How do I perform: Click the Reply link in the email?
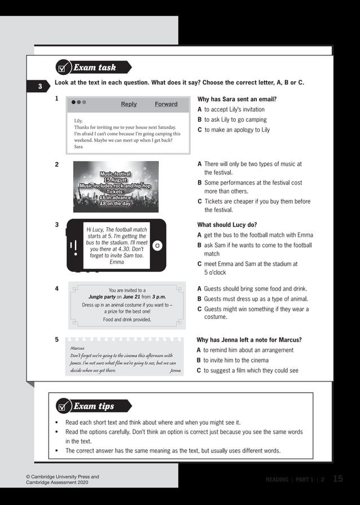click(129, 104)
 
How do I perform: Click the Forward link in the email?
click(166, 104)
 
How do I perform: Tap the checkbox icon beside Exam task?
click(63, 68)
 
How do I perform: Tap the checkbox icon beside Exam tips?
click(63, 406)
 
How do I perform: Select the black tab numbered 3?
click(40, 86)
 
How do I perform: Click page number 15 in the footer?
click(337, 479)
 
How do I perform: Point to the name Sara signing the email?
click(78, 147)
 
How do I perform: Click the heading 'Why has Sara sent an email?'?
click(237, 99)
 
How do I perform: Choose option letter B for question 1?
click(200, 120)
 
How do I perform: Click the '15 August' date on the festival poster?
click(115, 180)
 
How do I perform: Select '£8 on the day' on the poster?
click(115, 204)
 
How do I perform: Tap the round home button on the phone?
click(157, 245)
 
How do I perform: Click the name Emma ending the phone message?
click(117, 262)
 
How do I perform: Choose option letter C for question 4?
click(200, 309)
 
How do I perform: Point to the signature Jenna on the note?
click(175, 371)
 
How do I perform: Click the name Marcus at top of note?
click(77, 348)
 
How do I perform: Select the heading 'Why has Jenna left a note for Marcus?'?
click(249, 340)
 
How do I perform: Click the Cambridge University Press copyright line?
click(63, 477)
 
